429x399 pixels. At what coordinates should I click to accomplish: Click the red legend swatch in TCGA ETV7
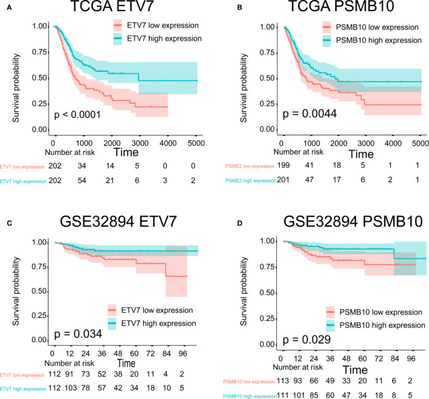pyautogui.click(x=118, y=26)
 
